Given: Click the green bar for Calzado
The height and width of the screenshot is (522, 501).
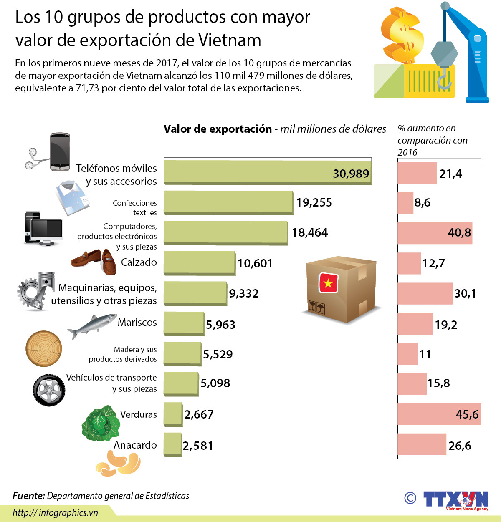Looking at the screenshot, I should pyautogui.click(x=200, y=263).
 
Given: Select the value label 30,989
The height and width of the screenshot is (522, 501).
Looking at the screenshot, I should pyautogui.click(x=351, y=174).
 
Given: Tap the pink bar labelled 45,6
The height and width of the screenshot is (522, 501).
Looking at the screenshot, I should pyautogui.click(x=438, y=414).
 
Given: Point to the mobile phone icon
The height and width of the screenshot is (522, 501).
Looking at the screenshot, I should pyautogui.click(x=60, y=152).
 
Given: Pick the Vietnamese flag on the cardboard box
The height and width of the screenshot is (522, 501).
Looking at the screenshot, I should pyautogui.click(x=328, y=283).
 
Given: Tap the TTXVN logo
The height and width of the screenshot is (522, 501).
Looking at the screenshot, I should pyautogui.click(x=455, y=499).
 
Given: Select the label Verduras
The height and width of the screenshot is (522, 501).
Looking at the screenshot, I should pyautogui.click(x=138, y=414).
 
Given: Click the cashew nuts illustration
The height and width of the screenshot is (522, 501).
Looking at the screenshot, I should pyautogui.click(x=118, y=464).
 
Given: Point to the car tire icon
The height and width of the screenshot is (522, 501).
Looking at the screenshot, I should pyautogui.click(x=49, y=390).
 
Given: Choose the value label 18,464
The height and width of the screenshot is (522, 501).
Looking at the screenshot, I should pyautogui.click(x=310, y=232).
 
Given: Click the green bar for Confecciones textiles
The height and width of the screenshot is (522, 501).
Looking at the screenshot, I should pyautogui.click(x=228, y=202).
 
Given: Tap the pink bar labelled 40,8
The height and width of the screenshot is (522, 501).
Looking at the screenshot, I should pyautogui.click(x=434, y=233).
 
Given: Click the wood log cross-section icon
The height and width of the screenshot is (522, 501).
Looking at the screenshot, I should pyautogui.click(x=43, y=348).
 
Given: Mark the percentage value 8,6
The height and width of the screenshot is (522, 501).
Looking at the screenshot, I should pyautogui.click(x=422, y=203).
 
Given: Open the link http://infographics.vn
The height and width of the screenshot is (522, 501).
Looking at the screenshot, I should pyautogui.click(x=55, y=513).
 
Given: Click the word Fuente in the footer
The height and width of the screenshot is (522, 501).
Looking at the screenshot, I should pyautogui.click(x=28, y=496).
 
